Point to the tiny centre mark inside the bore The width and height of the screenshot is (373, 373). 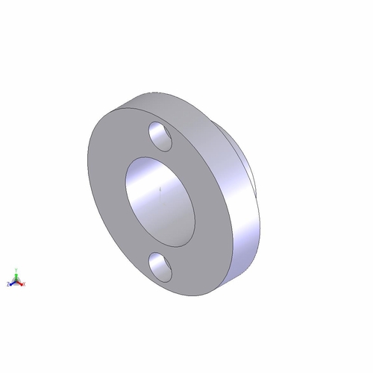coord(161,190)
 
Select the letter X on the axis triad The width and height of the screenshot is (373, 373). coord(25,285)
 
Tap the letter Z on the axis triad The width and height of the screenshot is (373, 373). coord(8,285)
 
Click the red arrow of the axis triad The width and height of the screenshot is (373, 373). coord(21,283)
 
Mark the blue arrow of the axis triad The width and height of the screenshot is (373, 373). coord(12,283)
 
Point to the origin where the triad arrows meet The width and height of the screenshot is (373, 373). coord(16,282)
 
